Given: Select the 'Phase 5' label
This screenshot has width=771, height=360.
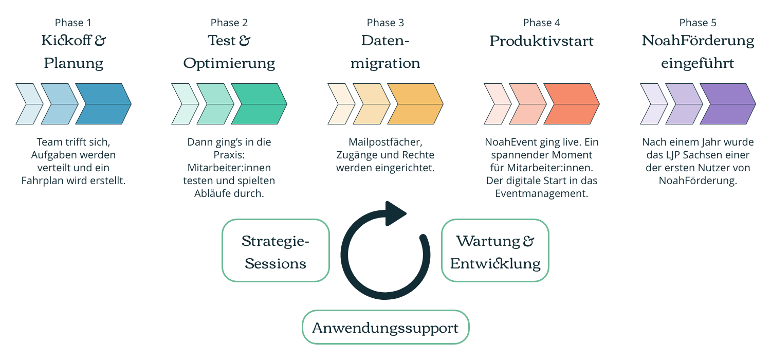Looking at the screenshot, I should (697, 23).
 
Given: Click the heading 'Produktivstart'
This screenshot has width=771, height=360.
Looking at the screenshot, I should (541, 41).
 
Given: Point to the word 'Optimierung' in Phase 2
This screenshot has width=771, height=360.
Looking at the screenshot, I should (229, 64).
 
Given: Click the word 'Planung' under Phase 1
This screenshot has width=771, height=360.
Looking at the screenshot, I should (74, 64).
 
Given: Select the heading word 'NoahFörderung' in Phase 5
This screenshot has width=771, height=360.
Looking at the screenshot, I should (698, 41).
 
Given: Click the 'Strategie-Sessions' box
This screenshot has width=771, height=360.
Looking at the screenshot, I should (276, 250).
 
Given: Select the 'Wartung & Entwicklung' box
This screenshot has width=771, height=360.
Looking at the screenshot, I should (495, 250).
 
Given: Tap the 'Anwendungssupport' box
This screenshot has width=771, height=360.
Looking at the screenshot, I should (385, 327).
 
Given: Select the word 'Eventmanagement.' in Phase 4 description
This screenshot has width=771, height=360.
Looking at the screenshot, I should (541, 193).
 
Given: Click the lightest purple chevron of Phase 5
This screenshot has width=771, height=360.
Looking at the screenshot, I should (651, 104).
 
